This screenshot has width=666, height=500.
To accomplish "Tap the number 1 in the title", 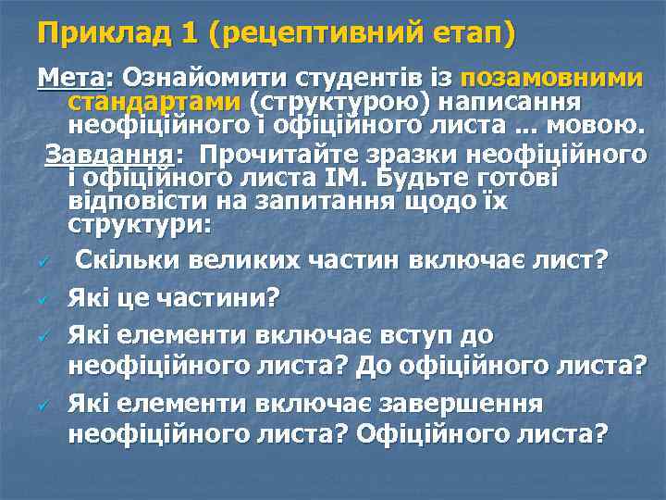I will pyautogui.click(x=189, y=34).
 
